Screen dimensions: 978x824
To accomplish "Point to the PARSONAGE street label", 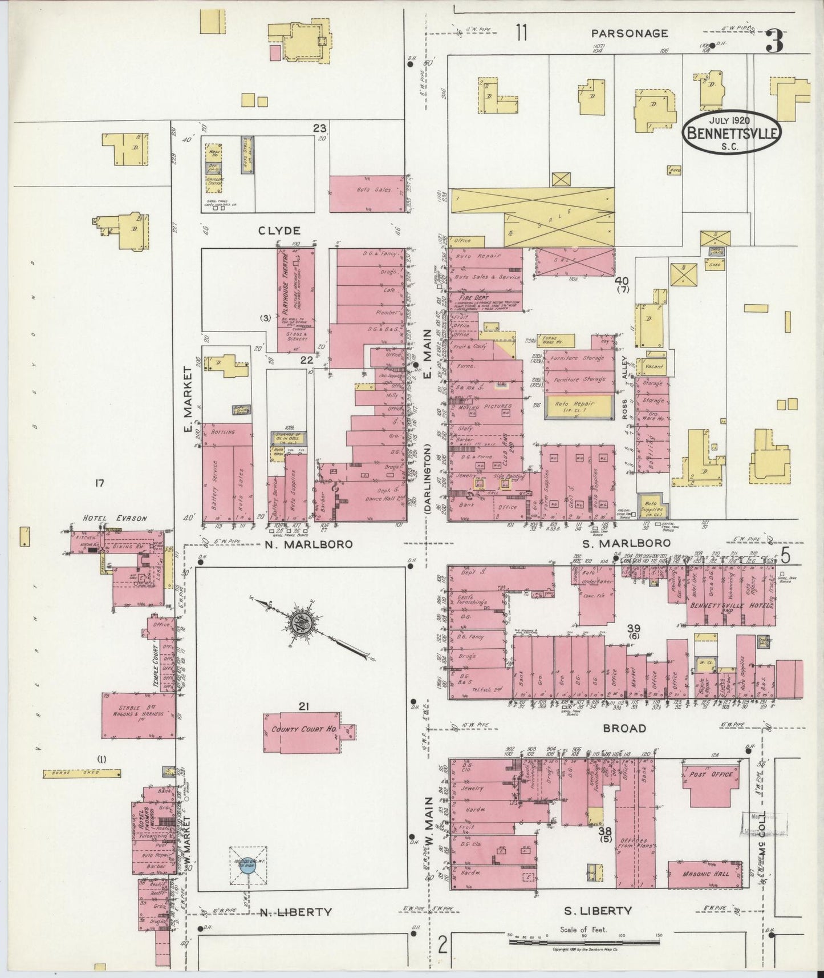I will click(x=629, y=34).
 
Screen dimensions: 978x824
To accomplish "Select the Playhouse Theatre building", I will click(x=295, y=300).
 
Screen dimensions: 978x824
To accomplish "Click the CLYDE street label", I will click(x=279, y=231).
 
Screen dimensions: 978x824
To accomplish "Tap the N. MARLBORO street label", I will click(x=309, y=544).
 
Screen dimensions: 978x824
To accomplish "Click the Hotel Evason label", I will click(x=115, y=519).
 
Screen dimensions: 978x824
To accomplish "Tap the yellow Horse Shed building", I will click(x=82, y=774).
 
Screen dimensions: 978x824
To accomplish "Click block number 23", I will click(x=319, y=128).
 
